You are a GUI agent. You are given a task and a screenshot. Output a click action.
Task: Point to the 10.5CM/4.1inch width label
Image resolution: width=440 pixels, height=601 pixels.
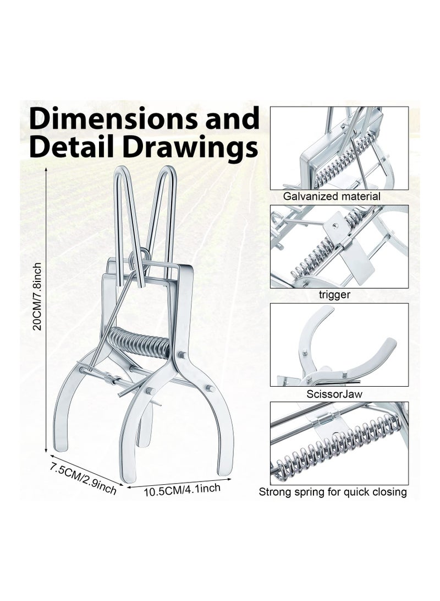click(182, 490)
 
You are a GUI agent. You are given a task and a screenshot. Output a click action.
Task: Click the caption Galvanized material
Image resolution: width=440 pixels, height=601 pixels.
click(331, 197)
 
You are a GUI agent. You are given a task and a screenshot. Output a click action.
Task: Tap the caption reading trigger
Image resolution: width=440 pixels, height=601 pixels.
click(334, 294)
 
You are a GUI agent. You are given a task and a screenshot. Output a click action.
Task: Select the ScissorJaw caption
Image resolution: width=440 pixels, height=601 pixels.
click(334, 394)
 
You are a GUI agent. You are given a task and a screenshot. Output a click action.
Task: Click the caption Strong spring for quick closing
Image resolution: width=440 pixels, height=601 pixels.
click(333, 492)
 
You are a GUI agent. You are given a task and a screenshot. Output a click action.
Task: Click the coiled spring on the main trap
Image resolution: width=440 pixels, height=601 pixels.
click(139, 342)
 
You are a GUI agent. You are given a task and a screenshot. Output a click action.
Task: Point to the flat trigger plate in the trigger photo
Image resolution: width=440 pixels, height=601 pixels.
click(356, 261)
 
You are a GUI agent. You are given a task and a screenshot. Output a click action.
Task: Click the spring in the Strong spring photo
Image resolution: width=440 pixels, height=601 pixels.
click(337, 448)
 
